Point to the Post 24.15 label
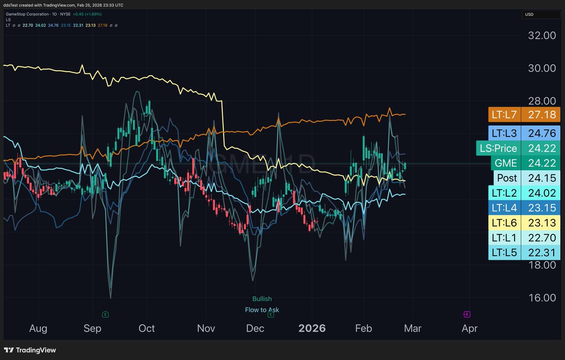point(526,178)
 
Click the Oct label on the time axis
point(146,328)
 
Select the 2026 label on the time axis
point(312,328)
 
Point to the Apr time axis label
point(469,328)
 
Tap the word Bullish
point(262,299)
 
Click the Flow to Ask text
point(262,310)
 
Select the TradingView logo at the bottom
point(30,350)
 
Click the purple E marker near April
point(467,314)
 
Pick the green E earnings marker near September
point(105,314)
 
